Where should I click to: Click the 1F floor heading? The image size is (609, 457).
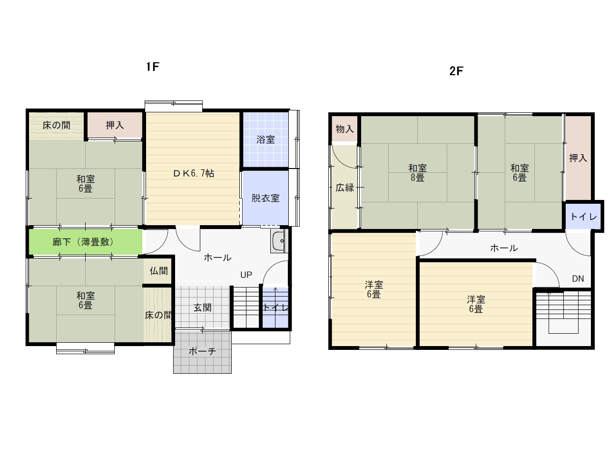tap(153, 67)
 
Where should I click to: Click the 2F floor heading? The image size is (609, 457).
tap(456, 71)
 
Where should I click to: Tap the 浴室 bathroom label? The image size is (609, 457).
tap(265, 139)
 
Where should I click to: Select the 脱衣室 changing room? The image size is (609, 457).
tap(265, 198)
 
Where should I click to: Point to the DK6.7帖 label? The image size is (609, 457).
tap(194, 173)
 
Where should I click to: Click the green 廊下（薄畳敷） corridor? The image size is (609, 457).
tap(86, 242)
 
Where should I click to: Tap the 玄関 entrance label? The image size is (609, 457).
tap(202, 308)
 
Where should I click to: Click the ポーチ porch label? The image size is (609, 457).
tap(202, 351)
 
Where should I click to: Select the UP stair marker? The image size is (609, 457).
tap(246, 275)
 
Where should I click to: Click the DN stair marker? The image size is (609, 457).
tap(578, 278)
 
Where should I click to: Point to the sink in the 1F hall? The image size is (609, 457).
tap(278, 241)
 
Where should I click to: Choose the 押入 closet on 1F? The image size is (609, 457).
tap(115, 125)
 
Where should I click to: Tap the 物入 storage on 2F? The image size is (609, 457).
tap(344, 129)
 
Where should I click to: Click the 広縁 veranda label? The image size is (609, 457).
tap(344, 188)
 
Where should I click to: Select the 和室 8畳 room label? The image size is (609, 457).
tap(417, 173)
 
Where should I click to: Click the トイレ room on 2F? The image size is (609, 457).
tap(583, 217)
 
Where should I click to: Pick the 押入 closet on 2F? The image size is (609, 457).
tap(578, 158)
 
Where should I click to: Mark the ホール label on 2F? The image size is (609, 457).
tap(504, 248)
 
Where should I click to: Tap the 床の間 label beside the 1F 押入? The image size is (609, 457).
tap(56, 125)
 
